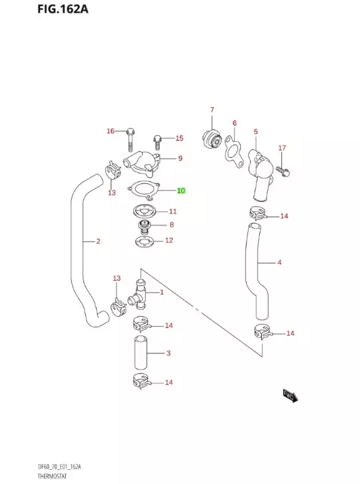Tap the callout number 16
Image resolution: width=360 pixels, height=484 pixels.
[111, 131]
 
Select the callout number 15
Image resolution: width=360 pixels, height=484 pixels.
[179, 138]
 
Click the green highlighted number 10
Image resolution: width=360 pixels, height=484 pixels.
[181, 190]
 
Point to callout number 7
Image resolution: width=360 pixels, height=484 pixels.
[212, 110]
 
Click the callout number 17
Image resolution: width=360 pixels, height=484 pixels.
[282, 147]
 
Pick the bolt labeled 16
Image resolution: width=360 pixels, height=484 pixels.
[131, 139]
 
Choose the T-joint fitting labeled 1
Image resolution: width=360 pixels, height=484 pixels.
[139, 293]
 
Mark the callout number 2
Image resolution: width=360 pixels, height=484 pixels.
[98, 241]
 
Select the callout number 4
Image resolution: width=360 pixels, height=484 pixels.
[279, 262]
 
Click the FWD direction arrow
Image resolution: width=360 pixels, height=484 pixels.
[289, 397]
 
